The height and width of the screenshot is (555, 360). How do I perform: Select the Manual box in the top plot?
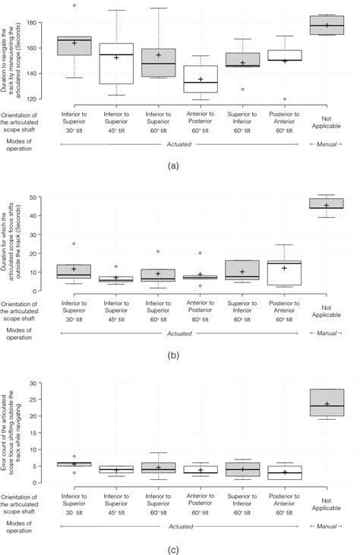[327, 25]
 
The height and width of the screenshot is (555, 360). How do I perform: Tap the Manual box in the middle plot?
[327, 203]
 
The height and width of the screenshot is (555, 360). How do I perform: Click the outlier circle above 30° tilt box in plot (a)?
[74, 5]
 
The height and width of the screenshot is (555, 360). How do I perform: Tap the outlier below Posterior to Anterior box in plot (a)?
[285, 99]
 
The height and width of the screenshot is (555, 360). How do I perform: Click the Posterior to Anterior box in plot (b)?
[285, 273]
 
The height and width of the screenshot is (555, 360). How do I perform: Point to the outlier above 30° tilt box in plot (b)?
[74, 244]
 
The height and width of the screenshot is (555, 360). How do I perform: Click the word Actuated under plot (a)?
[178, 144]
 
